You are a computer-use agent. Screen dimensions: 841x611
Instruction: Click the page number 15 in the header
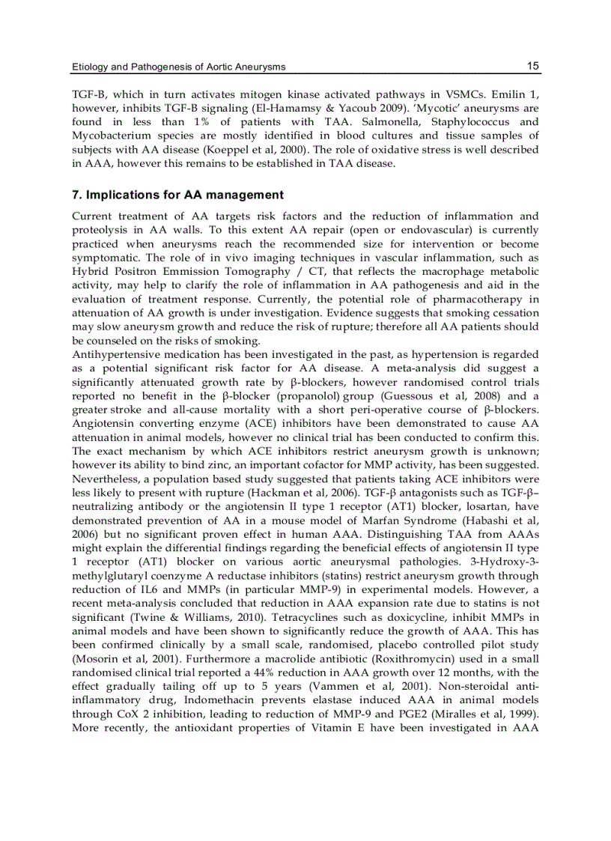[532, 66]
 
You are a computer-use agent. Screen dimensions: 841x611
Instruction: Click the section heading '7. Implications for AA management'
[177, 195]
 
